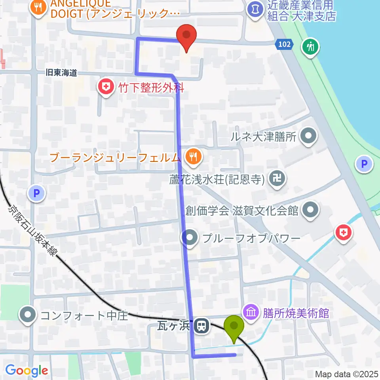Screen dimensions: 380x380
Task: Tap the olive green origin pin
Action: [234, 327]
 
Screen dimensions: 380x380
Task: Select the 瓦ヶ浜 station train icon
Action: [201, 326]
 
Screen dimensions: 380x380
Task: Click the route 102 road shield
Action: [285, 45]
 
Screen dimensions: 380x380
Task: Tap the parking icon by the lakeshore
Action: [364, 164]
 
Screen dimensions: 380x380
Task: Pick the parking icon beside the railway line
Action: [36, 193]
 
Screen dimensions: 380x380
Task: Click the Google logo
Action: [27, 370]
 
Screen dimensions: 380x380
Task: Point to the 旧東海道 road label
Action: [61, 73]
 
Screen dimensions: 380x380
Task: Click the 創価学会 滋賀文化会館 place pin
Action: [311, 210]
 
